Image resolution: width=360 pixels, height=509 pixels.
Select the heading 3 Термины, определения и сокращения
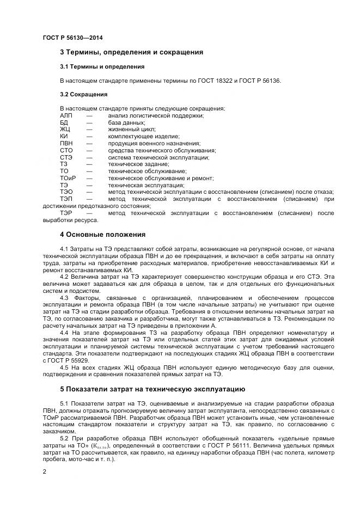tap(131, 52)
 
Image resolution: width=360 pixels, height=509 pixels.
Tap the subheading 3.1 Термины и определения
tap(102, 66)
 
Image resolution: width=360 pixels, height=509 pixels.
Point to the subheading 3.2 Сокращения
tap(83, 94)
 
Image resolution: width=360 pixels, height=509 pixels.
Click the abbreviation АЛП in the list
tap(66, 115)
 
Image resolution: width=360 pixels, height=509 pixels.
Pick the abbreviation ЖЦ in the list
tap(65, 130)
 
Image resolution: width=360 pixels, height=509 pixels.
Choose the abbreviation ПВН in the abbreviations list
tap(66, 143)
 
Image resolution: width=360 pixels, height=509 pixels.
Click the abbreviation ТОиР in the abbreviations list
tap(68, 178)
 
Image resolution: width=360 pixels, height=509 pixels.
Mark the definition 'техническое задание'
tap(135, 164)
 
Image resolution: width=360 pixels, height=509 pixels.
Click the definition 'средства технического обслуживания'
tap(161, 150)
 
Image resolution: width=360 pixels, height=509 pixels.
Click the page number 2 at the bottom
tap(45, 472)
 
